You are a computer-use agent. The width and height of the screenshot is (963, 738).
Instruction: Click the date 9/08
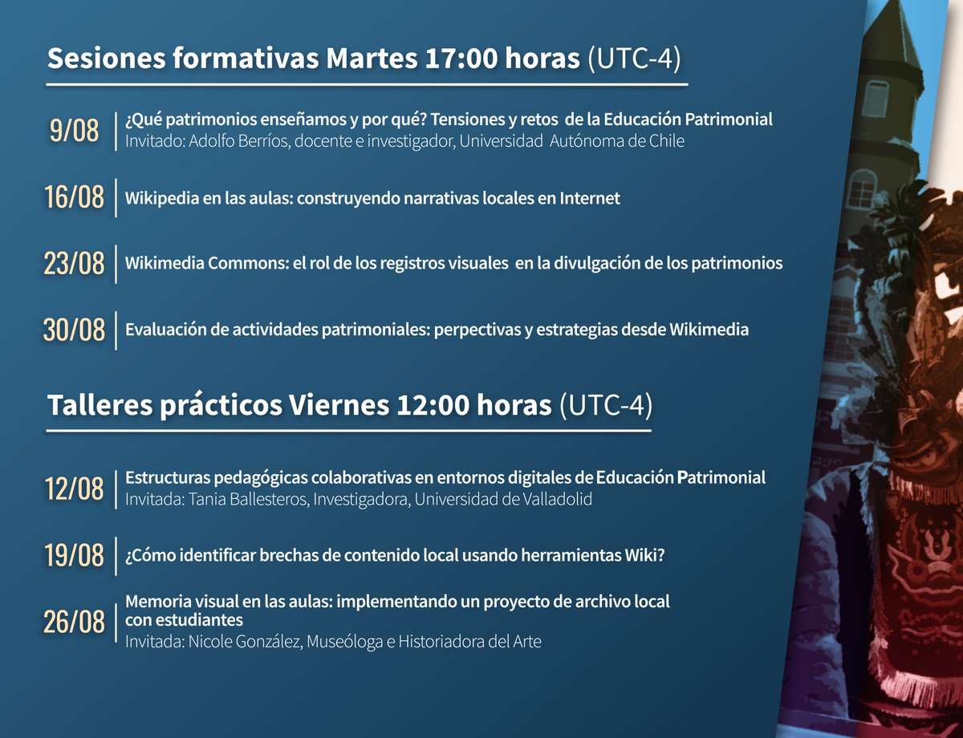(x=74, y=131)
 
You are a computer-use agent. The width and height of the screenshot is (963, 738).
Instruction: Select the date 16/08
(x=75, y=197)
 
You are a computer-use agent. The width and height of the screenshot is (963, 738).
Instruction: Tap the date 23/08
(x=75, y=263)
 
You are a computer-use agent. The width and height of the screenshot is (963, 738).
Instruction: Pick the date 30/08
(x=75, y=330)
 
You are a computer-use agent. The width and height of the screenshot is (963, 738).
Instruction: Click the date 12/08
(x=75, y=488)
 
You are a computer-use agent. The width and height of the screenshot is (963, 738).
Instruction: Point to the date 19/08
(x=75, y=554)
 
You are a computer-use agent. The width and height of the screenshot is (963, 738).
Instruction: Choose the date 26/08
(x=75, y=622)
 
